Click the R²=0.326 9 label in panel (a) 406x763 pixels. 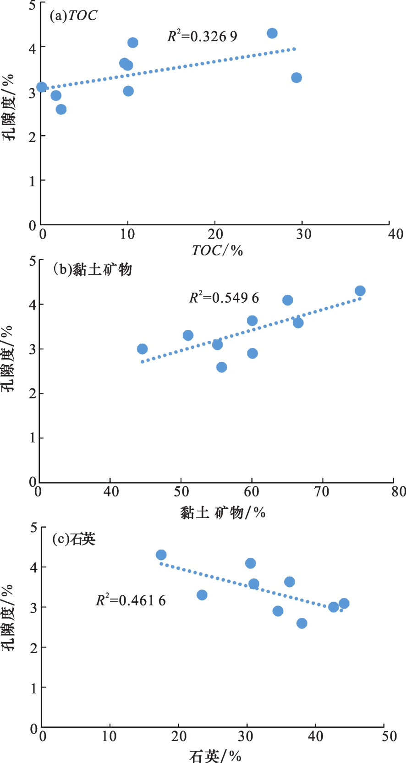tap(202, 36)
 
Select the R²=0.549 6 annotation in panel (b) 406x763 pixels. tap(224, 298)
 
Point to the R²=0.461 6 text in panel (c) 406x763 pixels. tap(131, 600)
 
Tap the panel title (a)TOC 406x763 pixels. tap(73, 16)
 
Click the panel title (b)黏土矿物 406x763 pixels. tap(92, 269)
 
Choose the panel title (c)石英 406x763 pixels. tap(74, 539)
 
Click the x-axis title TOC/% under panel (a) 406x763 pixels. tap(217, 250)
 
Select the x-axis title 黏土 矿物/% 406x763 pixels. tap(223, 512)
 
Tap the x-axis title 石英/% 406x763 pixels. tap(215, 756)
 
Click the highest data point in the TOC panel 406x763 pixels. tap(272, 33)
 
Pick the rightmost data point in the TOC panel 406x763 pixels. tap(296, 77)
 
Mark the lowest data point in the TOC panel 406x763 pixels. tap(61, 109)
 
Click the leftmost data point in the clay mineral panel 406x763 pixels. tap(142, 349)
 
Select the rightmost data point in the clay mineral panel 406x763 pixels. tap(360, 291)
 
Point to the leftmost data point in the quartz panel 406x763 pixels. tap(161, 555)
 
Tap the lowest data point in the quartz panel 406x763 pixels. tap(302, 623)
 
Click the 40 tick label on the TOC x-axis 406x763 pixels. tap(395, 234)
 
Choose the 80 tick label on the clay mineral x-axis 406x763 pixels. tap(399, 491)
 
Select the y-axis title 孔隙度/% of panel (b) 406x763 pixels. tap(8, 359)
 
